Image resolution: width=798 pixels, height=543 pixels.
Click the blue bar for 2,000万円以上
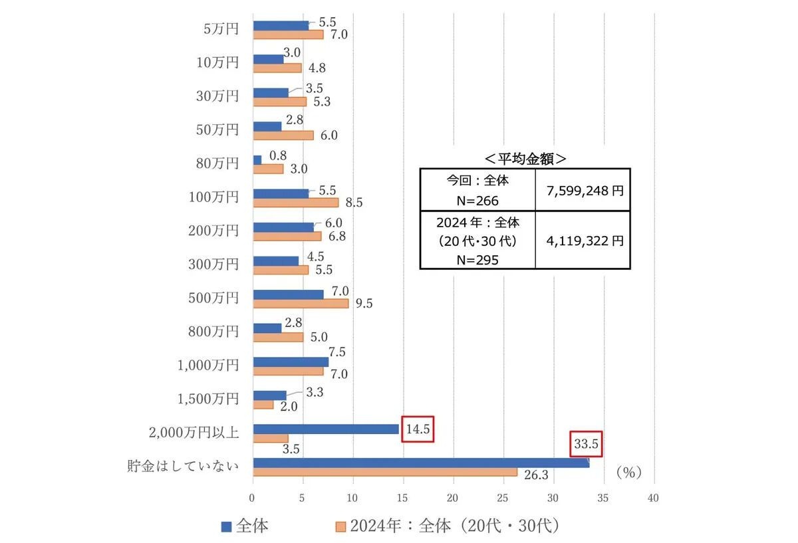(326, 429)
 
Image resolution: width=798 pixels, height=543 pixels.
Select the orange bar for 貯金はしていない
(385, 472)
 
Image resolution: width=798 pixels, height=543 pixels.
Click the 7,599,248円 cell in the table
(583, 190)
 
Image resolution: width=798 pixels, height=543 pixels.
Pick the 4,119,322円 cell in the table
(583, 241)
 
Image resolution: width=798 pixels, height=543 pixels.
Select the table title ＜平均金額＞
(525, 158)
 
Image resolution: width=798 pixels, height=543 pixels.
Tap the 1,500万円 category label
(208, 399)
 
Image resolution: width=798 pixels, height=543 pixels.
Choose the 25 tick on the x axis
(503, 498)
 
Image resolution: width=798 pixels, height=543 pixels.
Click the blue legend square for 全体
(226, 527)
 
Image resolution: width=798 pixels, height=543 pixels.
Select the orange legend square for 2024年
(340, 527)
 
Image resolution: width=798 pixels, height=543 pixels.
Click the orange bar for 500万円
(301, 303)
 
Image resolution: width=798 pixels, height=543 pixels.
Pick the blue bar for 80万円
(257, 160)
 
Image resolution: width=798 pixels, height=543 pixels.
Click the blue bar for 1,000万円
(291, 362)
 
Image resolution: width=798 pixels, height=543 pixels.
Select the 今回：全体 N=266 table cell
(477, 190)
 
